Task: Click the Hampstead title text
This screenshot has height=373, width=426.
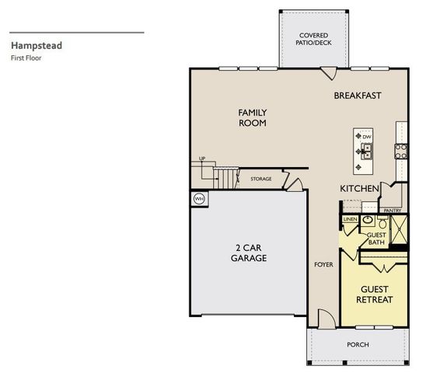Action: pos(37,45)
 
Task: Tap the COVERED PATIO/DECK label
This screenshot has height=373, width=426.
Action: pos(314,40)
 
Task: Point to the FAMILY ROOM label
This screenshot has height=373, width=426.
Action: pos(252,117)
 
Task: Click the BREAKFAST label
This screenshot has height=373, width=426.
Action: pos(357,96)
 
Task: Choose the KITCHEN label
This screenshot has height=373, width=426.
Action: pos(359,189)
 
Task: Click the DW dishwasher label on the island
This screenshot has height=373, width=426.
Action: pos(367,138)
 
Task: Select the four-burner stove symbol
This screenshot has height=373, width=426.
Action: pos(401,151)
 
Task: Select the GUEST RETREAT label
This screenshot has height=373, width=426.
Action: pos(374,294)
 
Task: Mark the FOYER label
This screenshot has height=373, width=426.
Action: pos(323,264)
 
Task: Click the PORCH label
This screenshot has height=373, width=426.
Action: pos(358,344)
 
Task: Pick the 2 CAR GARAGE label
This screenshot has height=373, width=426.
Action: pos(249,253)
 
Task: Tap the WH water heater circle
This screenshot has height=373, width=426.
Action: pos(198,198)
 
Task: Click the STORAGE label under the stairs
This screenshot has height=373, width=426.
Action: pos(260,180)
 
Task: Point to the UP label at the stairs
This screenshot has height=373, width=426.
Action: pos(202,159)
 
